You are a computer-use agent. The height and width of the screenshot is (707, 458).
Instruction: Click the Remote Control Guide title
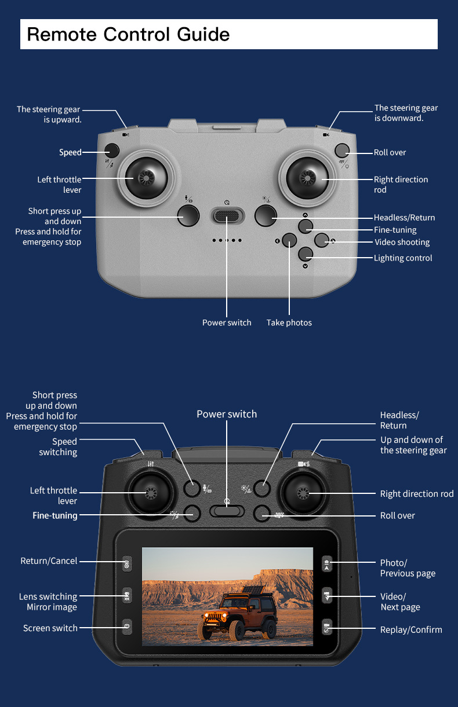tap(128, 34)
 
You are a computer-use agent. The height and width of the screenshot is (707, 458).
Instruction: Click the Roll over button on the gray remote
tap(343, 151)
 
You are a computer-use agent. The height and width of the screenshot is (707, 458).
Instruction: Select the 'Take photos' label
tap(289, 323)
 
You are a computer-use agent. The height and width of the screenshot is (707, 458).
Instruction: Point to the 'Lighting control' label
tap(403, 258)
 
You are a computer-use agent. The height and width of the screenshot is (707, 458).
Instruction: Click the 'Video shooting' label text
tap(402, 242)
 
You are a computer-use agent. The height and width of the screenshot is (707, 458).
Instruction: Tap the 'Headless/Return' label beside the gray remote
tap(404, 218)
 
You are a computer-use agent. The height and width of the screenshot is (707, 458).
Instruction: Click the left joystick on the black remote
tap(150, 493)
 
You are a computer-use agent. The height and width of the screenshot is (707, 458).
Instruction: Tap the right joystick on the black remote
tap(302, 493)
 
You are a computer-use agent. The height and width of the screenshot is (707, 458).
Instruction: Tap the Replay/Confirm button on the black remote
tap(327, 628)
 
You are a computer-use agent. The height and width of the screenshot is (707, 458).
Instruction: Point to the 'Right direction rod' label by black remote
tap(417, 494)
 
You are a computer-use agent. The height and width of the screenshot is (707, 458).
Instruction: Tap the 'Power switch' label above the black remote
tap(226, 414)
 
